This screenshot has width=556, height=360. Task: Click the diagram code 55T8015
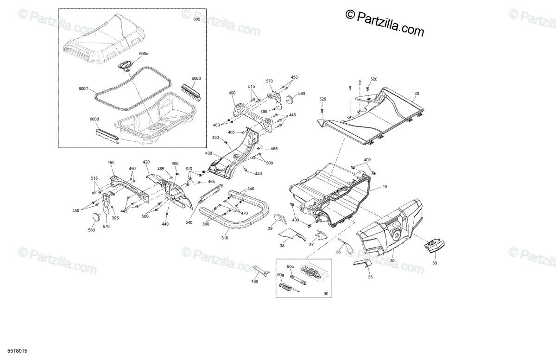[17, 351]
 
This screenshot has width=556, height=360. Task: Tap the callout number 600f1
[83, 88]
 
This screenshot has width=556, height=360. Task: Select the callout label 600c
[144, 54]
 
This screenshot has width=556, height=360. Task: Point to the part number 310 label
[225, 238]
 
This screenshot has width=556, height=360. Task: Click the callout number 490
[232, 93]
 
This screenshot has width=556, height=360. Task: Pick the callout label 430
[208, 153]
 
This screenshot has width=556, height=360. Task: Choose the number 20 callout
[417, 93]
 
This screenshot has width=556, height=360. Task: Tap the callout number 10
[385, 187]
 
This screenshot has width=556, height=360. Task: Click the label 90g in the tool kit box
[280, 275]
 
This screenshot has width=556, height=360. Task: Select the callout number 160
[255, 281]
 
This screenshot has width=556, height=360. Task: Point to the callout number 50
[435, 263]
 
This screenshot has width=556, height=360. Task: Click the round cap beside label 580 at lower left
[96, 216]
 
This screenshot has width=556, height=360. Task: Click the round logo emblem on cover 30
[397, 234]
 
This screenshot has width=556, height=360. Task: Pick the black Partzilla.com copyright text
[385, 23]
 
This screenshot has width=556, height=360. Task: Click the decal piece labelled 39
[280, 219]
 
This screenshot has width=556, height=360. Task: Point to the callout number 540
[189, 222]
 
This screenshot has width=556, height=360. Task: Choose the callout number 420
[146, 162]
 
